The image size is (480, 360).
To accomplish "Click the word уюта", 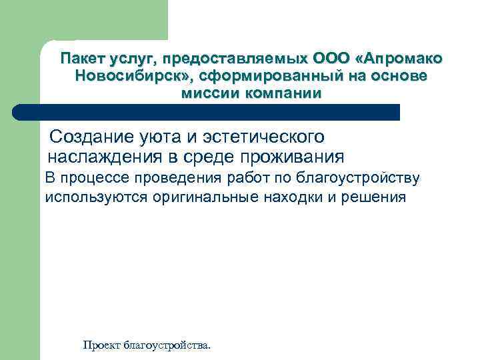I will coord(167,137).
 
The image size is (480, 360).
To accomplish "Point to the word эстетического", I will coord(269,137).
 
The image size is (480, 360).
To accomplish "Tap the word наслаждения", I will coord(104,157).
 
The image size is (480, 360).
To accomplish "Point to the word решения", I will coord(373,198).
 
